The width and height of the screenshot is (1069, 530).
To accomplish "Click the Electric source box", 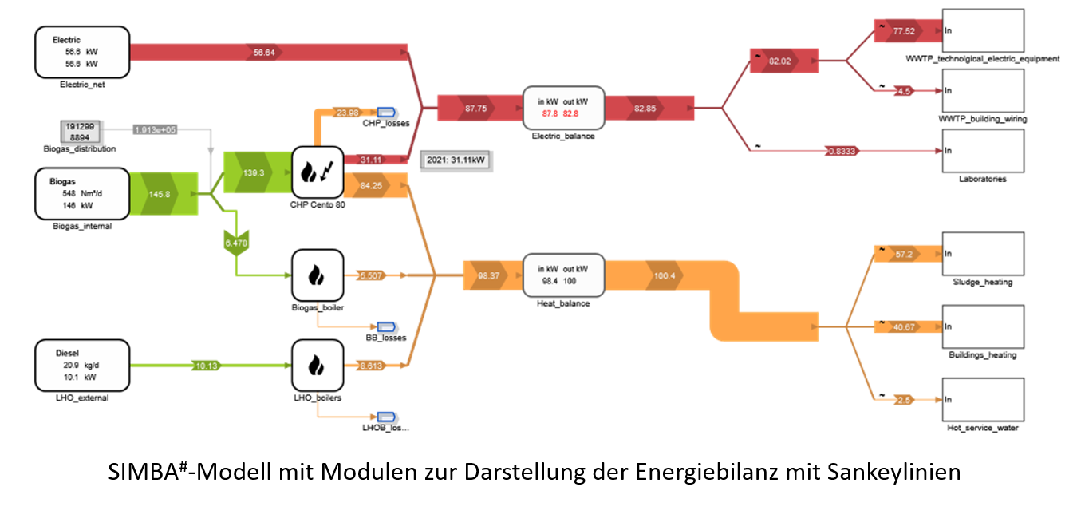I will coord(82,52).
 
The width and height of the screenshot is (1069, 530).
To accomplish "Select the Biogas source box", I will coord(82,193).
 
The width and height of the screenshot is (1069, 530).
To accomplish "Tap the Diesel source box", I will coord(82,366).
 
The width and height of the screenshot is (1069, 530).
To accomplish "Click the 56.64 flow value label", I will coord(264,52).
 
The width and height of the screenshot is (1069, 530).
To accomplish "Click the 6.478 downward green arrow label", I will coord(235,243).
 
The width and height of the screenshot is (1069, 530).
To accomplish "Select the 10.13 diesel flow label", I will coord(206,366).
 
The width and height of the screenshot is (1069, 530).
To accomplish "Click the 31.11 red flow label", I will coord(371,160).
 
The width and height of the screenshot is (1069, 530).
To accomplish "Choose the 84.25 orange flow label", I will coord(371,186).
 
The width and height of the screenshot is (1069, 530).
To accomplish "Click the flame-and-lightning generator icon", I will coord(317,172).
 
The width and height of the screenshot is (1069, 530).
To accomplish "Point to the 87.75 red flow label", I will coord(476,108).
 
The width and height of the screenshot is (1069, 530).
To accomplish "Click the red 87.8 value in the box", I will coord(550,114).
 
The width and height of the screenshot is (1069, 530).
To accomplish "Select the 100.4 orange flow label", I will coord(665,275).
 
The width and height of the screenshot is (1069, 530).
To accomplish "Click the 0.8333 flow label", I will coord(842,150).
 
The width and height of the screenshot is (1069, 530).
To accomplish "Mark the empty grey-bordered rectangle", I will coord(456,160).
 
